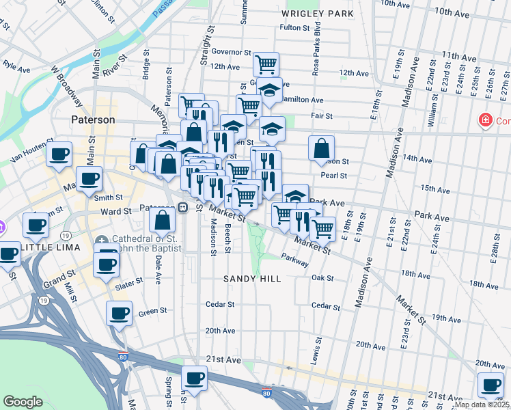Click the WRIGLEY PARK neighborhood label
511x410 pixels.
318,13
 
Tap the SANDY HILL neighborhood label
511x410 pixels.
252,279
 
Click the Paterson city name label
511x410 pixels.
94,120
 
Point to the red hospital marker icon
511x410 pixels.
486,121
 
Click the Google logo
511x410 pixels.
23,401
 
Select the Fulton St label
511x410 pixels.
295,28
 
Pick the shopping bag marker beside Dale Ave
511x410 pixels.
163,220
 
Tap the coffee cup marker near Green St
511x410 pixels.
120,314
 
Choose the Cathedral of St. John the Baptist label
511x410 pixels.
139,243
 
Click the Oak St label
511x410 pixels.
322,278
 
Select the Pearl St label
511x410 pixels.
335,176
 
